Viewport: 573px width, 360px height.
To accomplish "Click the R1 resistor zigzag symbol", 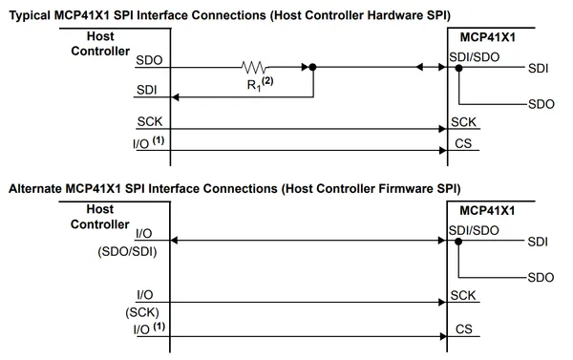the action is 254,67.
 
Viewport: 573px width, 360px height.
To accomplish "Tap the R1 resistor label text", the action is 260,84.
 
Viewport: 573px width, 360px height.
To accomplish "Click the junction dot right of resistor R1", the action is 312,67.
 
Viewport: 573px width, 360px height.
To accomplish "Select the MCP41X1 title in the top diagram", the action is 487,37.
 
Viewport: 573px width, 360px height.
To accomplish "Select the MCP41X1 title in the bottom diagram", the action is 487,210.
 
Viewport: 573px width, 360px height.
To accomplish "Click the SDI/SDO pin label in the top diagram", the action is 474,57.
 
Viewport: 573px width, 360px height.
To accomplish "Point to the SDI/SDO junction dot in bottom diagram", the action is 458,242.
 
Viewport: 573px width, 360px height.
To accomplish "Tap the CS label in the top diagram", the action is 463,143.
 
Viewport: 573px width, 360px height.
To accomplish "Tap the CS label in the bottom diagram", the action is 464,328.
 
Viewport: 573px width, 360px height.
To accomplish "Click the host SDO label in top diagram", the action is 149,60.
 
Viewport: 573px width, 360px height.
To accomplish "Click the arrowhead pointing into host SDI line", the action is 175,97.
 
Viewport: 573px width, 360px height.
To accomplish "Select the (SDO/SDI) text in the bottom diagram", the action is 127,251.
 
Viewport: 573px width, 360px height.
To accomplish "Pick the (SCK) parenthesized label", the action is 142,312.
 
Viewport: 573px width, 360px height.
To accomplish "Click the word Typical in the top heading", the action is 30,15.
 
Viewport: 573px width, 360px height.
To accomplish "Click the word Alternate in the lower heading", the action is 35,188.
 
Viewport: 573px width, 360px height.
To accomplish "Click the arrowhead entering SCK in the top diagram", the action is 442,129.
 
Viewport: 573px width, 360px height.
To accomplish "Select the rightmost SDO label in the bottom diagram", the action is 541,278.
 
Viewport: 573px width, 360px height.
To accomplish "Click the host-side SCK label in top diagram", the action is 150,121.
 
